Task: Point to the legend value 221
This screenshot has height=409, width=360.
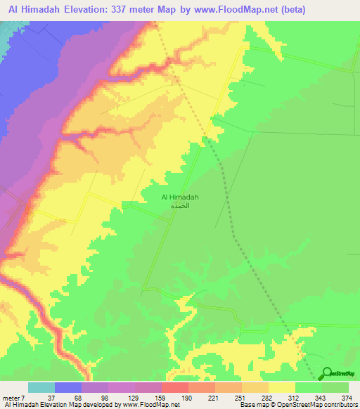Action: (x=214, y=398)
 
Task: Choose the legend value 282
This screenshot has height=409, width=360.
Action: (x=267, y=398)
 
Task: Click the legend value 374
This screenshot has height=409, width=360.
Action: (x=348, y=398)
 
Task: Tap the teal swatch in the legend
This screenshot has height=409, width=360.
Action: (x=41, y=387)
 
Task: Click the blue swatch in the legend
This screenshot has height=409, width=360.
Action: (x=68, y=387)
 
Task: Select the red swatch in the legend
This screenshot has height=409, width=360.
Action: (x=175, y=387)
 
